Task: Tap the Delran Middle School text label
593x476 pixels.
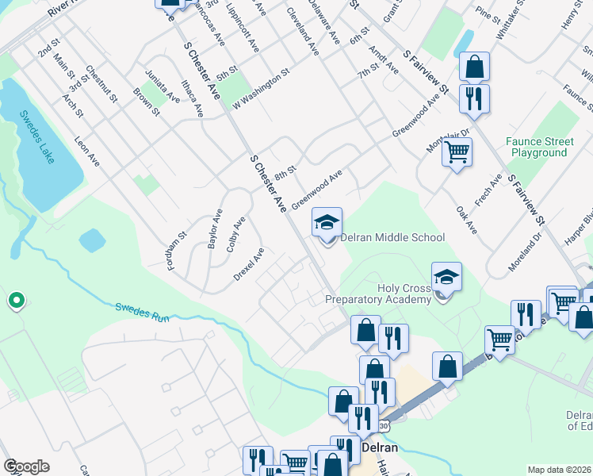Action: click(x=392, y=237)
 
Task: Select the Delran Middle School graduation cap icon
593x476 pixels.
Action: click(x=327, y=223)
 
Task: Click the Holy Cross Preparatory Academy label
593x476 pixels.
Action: click(x=379, y=294)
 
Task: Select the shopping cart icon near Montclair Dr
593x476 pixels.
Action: click(x=457, y=151)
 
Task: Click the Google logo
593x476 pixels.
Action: click(x=26, y=466)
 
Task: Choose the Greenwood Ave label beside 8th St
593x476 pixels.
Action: click(x=316, y=188)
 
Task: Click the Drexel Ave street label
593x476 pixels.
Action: click(x=248, y=264)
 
